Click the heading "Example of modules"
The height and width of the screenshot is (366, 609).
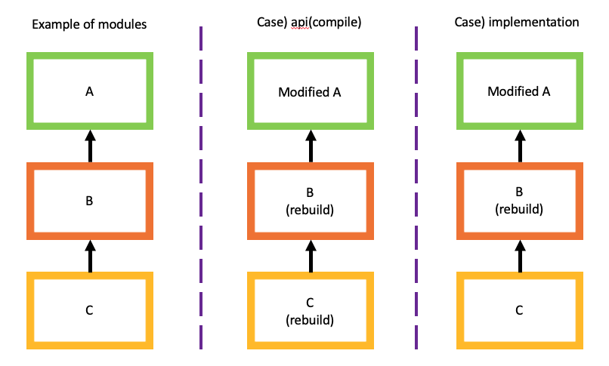(89, 23)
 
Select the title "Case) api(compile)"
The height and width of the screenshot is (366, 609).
(310, 23)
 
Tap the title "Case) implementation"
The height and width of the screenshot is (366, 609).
(518, 23)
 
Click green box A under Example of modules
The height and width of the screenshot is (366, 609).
(90, 91)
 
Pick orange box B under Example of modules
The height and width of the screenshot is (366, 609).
(90, 201)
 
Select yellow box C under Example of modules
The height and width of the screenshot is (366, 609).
(90, 309)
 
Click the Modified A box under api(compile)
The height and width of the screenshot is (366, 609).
(310, 91)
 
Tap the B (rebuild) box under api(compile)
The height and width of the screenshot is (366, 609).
(310, 201)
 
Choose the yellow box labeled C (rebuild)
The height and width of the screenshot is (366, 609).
(310, 309)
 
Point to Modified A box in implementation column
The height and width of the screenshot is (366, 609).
(518, 91)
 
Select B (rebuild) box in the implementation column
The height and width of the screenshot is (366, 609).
(518, 201)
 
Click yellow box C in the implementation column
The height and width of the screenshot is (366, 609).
(518, 309)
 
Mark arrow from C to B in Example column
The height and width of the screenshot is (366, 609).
(90, 256)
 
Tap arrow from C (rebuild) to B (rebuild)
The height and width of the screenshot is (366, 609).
(310, 256)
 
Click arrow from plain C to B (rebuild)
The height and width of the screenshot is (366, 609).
(518, 256)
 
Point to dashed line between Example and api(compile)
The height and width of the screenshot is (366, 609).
(201, 189)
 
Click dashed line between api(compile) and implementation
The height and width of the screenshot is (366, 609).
(416, 189)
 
